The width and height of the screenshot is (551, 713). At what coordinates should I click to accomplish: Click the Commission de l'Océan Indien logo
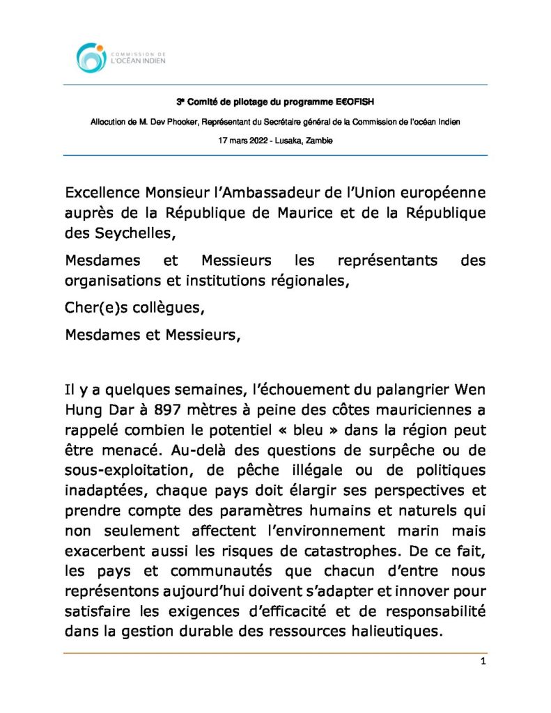pyautogui.click(x=119, y=57)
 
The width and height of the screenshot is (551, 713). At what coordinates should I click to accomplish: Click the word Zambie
pyautogui.click(x=318, y=140)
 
